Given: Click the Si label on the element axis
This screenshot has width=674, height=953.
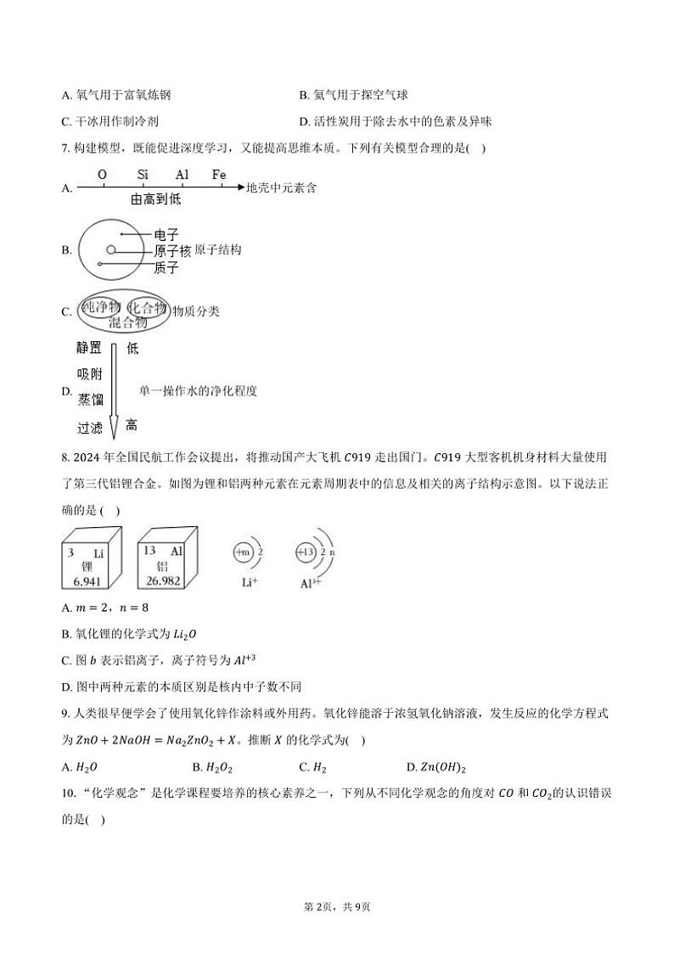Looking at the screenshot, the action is (x=143, y=175).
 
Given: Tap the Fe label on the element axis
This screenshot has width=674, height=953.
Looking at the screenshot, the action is (x=219, y=175).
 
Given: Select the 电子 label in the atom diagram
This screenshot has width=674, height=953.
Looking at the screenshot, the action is (x=166, y=234).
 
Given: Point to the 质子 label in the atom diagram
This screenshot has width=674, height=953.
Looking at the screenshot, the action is (x=166, y=267).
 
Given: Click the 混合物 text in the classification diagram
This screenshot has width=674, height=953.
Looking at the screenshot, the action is (x=127, y=322).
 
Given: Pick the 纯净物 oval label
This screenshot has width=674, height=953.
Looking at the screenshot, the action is (x=102, y=306).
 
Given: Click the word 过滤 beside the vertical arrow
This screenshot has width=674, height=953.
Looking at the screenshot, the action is (x=89, y=428).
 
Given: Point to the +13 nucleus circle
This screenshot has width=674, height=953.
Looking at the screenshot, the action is (x=304, y=552).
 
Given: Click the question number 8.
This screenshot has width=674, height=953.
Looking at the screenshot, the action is (x=65, y=459).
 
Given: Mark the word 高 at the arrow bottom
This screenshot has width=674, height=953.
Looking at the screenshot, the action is (x=132, y=425).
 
